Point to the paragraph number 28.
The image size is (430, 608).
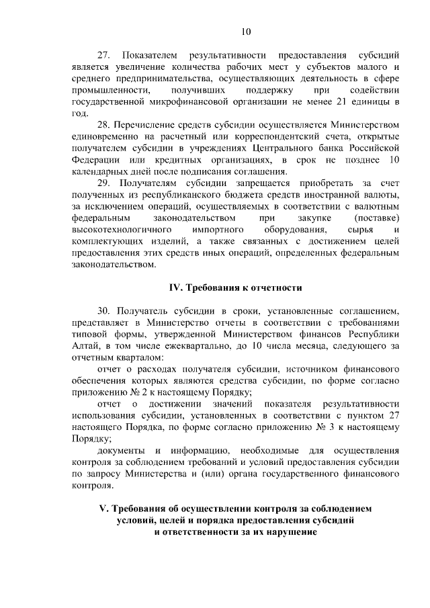click(105, 124)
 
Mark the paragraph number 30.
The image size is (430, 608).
click(105, 312)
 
